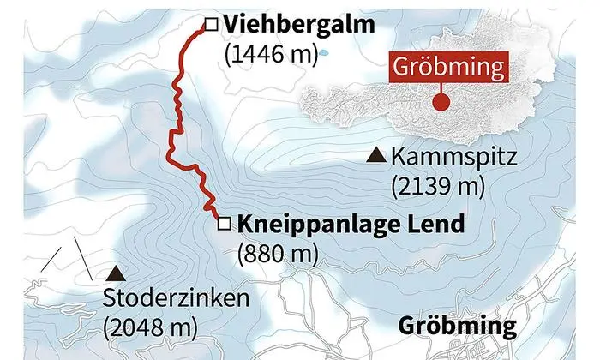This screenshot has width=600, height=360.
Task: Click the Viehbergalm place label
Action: [297, 25]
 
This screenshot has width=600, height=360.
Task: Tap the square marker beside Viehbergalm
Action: [210, 24]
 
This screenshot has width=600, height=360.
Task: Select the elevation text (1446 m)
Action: [269, 54]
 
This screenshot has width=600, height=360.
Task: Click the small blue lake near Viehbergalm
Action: [325, 54]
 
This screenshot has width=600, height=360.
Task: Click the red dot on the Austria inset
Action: [442, 102]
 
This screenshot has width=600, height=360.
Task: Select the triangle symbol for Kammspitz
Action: [374, 156]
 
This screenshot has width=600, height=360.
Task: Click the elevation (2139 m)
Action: [437, 185]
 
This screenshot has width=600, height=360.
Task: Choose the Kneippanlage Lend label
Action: [351, 225]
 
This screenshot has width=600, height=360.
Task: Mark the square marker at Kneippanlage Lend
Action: [224, 225]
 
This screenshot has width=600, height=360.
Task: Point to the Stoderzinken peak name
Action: [175, 299]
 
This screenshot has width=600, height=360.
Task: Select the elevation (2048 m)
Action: [149, 327]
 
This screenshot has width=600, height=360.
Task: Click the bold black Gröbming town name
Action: [458, 327]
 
